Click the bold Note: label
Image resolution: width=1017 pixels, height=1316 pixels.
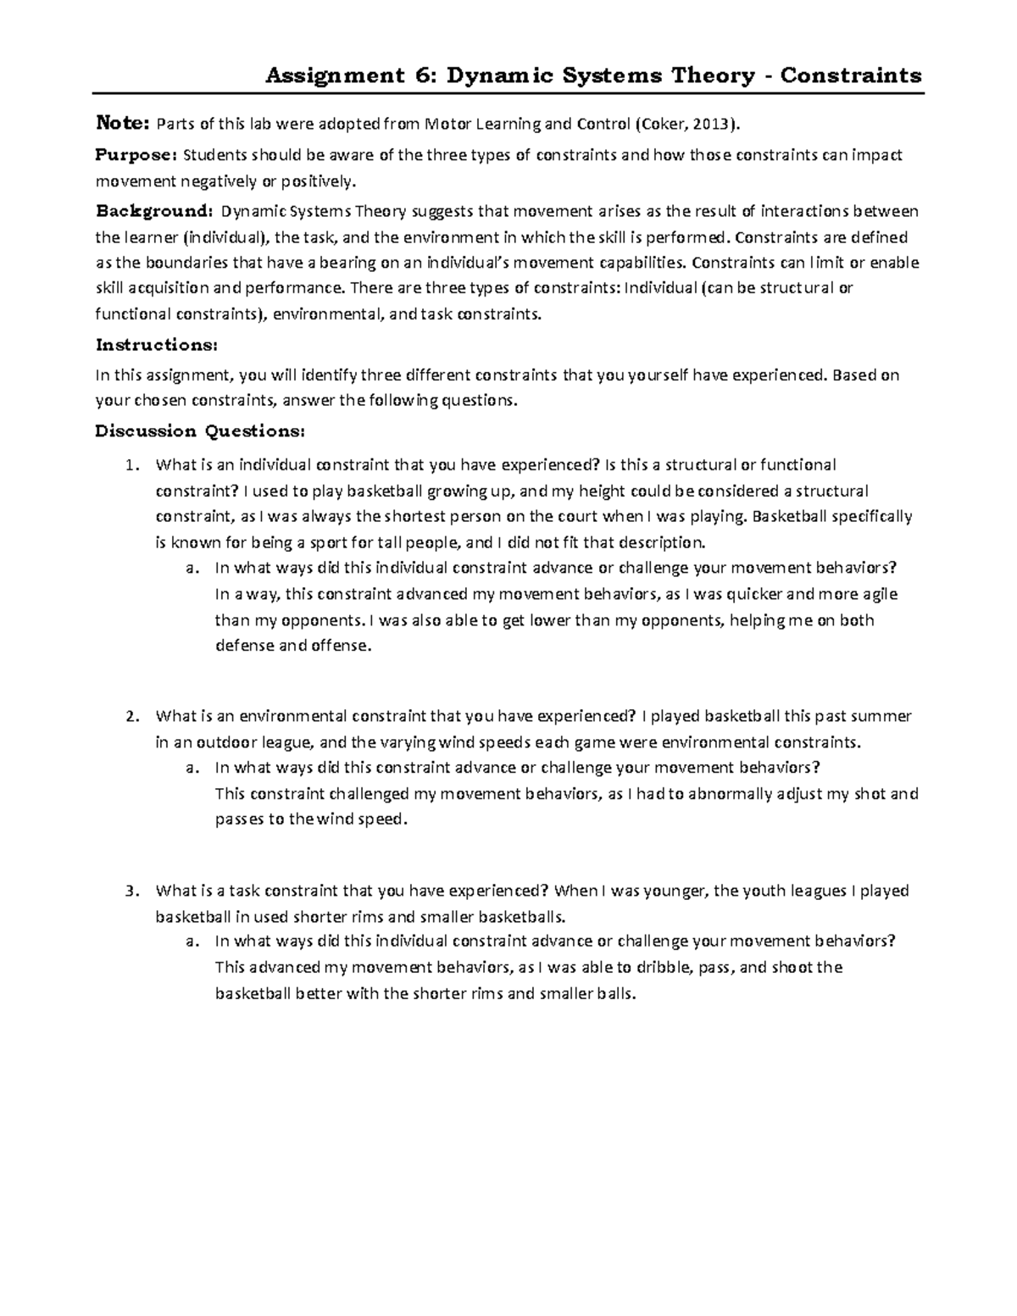pyautogui.click(x=122, y=125)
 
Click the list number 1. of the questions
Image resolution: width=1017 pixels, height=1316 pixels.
pyautogui.click(x=130, y=464)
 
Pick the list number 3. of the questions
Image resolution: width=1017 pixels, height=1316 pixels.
pyautogui.click(x=130, y=891)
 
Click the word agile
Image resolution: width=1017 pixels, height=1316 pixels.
pyautogui.click(x=877, y=594)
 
